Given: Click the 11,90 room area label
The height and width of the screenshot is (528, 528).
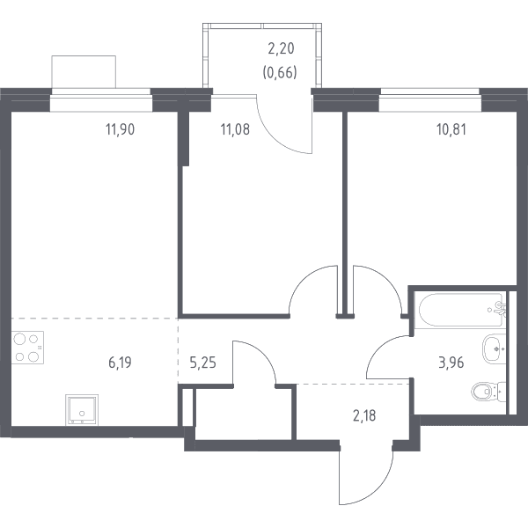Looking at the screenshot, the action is [x=121, y=129].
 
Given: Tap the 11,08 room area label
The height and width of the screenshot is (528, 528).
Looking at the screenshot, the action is [x=235, y=129].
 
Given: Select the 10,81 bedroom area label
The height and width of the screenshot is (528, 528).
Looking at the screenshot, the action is [x=451, y=129].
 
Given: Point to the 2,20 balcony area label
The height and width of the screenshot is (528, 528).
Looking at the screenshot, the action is [x=281, y=48].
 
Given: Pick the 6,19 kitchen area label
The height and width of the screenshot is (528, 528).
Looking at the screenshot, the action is [x=120, y=363].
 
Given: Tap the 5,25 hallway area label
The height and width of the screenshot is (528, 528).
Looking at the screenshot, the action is [x=202, y=363].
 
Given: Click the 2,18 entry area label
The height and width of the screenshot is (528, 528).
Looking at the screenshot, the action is [x=364, y=415].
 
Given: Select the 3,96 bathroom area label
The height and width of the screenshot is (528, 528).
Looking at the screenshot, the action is [x=451, y=363].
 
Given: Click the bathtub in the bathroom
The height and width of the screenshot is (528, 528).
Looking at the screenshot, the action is [x=459, y=311].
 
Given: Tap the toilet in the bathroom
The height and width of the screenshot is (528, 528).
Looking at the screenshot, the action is [x=489, y=392].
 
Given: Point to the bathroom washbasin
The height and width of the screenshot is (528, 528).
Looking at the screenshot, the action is [x=495, y=348].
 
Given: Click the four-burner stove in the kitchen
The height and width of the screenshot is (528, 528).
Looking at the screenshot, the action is [x=27, y=348].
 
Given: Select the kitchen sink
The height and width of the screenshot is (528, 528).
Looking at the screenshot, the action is [x=82, y=410].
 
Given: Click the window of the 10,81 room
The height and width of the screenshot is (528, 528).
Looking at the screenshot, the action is [x=430, y=100].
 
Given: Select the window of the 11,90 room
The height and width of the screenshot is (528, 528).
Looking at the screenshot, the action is [x=101, y=100].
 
